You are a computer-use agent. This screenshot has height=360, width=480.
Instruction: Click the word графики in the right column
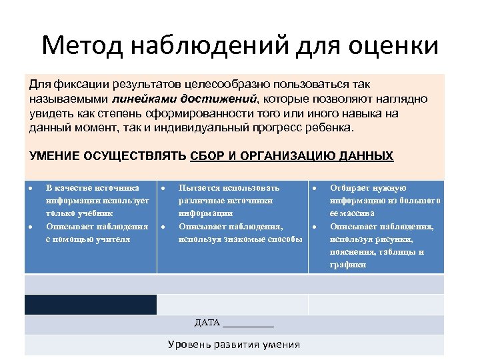click(347, 264)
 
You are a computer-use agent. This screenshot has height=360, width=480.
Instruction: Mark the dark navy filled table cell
click(91, 305)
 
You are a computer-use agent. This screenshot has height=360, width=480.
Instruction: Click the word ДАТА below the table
click(207, 323)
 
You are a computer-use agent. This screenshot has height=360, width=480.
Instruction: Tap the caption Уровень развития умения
click(233, 345)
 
